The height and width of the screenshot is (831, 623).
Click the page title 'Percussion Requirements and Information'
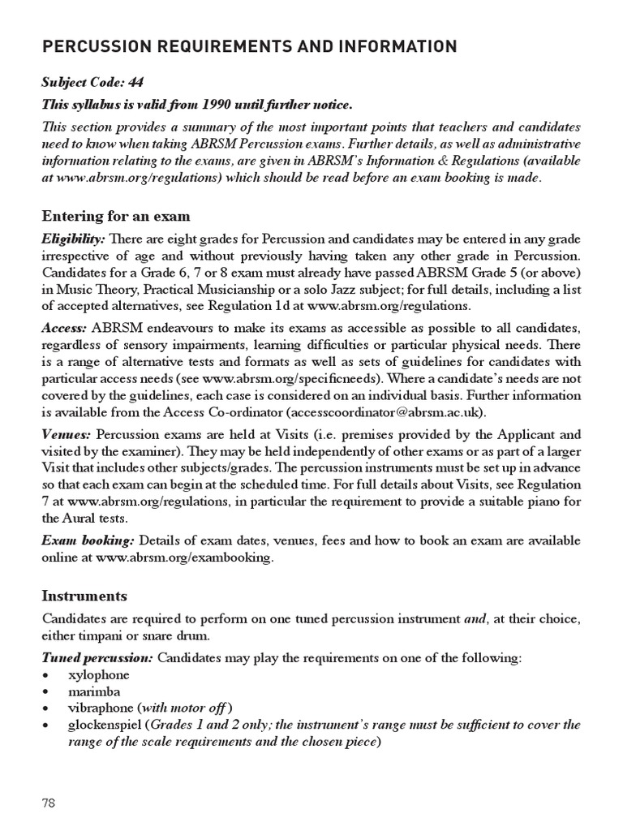(x=250, y=46)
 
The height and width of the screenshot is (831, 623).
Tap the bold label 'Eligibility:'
(x=73, y=239)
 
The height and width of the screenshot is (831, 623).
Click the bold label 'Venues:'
(x=67, y=434)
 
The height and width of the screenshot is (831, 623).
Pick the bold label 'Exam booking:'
(x=88, y=541)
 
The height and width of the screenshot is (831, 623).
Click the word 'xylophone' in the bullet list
(x=100, y=675)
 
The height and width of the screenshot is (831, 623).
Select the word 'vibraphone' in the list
(x=103, y=708)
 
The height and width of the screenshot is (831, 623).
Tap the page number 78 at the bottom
(x=48, y=803)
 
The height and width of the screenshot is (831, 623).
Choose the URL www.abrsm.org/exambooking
(x=185, y=558)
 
